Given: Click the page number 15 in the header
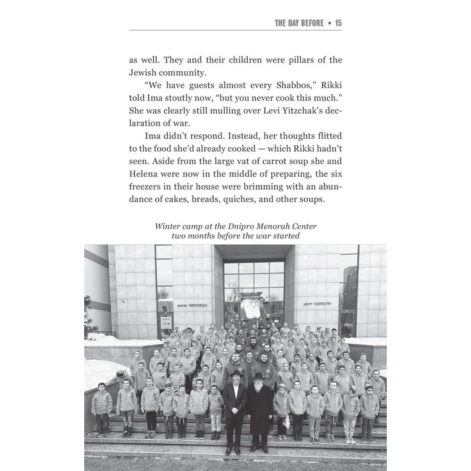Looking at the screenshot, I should tap(338, 23).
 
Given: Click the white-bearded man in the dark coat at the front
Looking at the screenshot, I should tap(259, 406).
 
